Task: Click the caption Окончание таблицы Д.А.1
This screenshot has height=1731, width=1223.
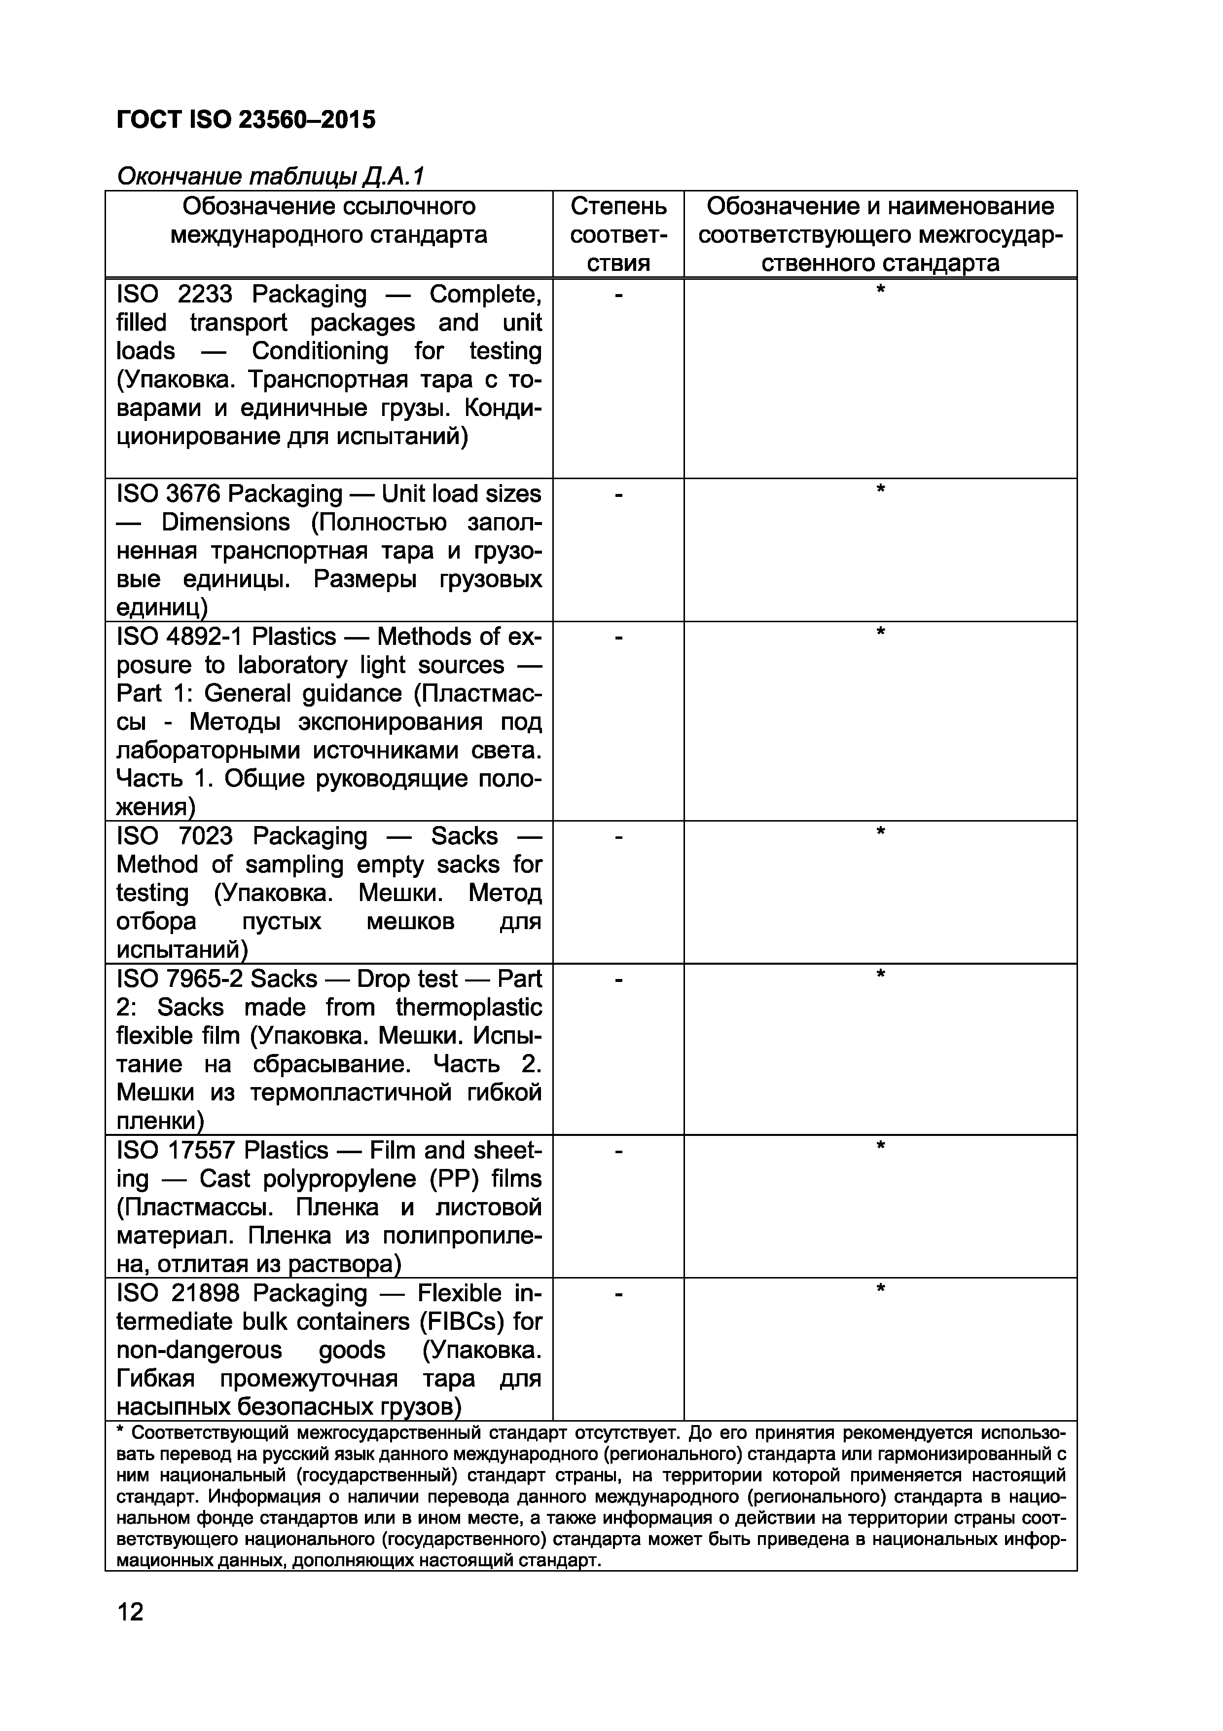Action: (271, 176)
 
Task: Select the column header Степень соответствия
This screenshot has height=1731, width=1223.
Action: (618, 234)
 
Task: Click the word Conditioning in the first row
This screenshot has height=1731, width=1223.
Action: (320, 351)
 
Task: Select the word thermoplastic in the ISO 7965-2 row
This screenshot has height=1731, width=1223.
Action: (468, 1007)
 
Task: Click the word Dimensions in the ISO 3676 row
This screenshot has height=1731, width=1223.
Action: (225, 523)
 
